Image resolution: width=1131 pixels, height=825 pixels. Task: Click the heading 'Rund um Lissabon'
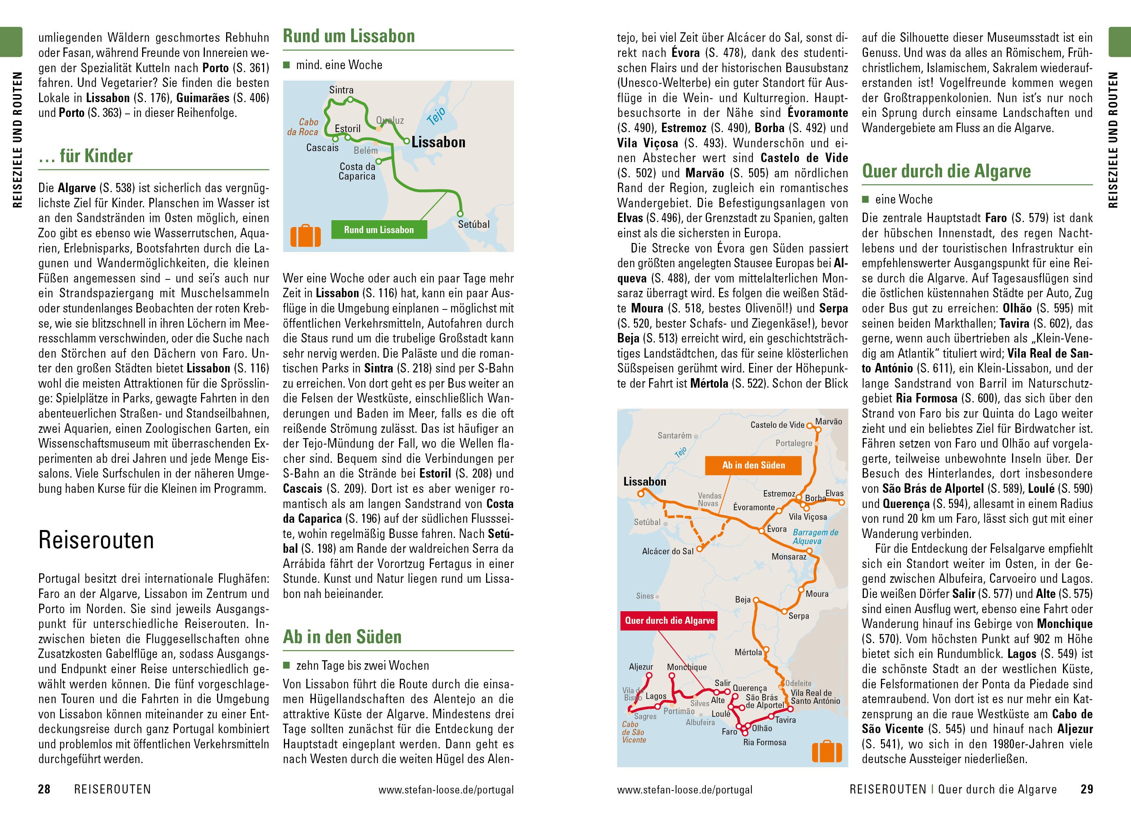[x=349, y=36]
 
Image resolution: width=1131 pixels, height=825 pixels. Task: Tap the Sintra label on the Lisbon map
[x=341, y=90]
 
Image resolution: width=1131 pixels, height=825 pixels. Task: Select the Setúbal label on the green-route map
[x=473, y=225]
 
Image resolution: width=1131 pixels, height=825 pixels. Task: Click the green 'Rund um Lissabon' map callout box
[x=379, y=230]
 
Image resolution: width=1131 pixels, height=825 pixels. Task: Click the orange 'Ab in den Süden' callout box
[x=753, y=465]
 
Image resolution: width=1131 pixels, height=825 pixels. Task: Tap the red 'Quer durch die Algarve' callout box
[x=669, y=621]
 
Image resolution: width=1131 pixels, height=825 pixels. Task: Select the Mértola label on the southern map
[x=748, y=652]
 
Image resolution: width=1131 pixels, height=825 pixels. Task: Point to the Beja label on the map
[x=743, y=599]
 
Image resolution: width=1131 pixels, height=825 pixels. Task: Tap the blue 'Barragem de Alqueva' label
[x=815, y=537]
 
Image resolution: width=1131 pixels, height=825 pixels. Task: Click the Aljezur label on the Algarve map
[x=641, y=667]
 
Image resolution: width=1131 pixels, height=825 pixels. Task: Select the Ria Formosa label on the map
[x=764, y=743]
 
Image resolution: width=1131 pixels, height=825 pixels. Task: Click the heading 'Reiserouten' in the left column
[x=96, y=540]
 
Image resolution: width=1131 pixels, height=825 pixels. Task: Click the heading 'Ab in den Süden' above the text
[x=342, y=637]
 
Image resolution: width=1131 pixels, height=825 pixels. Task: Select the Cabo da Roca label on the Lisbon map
[x=303, y=127]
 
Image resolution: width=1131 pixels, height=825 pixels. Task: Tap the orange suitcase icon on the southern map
[x=827, y=752]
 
